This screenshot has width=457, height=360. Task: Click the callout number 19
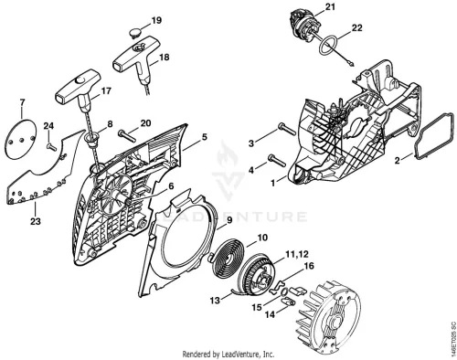[x=156, y=21]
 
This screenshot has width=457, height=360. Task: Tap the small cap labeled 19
[x=135, y=33]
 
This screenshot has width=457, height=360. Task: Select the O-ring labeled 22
[x=329, y=46]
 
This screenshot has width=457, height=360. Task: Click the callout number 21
[x=329, y=6]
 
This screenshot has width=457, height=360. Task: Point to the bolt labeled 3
[x=287, y=128]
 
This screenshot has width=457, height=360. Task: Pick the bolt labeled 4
[x=277, y=161]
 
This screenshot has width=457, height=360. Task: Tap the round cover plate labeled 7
[x=20, y=139]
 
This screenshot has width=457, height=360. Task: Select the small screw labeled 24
[x=51, y=147]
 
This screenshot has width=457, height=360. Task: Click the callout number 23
[x=36, y=221]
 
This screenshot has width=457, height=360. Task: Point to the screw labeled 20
[x=126, y=135]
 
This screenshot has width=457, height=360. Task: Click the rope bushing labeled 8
[x=92, y=140]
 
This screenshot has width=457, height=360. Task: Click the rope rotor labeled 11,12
[x=258, y=277]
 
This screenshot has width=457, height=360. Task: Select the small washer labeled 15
[x=283, y=291]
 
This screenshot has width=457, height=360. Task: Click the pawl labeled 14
[x=288, y=302]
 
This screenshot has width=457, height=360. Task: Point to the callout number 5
[x=205, y=137]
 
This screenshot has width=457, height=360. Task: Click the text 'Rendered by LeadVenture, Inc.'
[x=228, y=355]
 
